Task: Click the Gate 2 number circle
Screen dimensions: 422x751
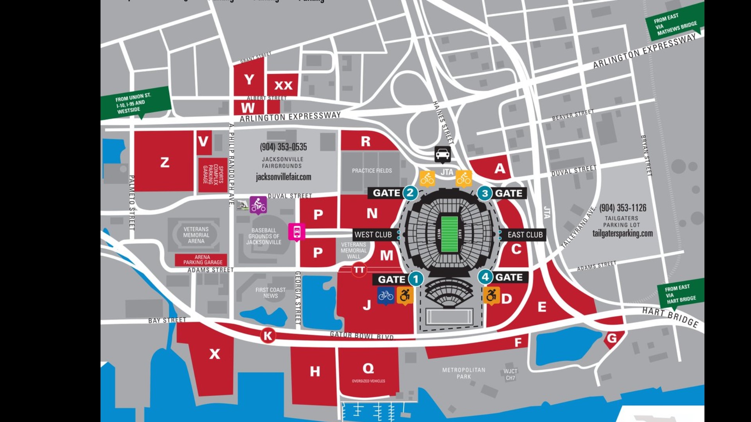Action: point(410,193)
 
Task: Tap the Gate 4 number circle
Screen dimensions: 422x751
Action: point(485,277)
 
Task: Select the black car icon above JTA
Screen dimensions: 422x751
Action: point(442,154)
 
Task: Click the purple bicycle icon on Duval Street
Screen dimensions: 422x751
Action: point(258,205)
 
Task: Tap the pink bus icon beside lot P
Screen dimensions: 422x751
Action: point(297,232)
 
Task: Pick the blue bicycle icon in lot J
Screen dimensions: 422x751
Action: point(386,295)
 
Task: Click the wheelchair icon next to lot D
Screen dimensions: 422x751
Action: point(491,295)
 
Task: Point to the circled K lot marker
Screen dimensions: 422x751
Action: point(268,336)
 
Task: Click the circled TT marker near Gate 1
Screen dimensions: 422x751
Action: point(359,270)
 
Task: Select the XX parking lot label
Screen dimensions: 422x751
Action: point(283,85)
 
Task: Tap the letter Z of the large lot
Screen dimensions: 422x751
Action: point(165,162)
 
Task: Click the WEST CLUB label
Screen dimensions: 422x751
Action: point(373,234)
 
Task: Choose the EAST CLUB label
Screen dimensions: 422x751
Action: point(525,234)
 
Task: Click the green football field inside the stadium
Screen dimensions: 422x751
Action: point(449,234)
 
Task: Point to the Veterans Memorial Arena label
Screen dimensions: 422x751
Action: point(196,235)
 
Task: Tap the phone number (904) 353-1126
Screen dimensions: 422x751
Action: point(622,208)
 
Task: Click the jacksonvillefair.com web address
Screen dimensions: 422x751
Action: point(283,177)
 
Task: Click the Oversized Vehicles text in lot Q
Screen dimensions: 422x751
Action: point(368,381)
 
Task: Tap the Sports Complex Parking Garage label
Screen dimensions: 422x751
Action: point(213,175)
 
